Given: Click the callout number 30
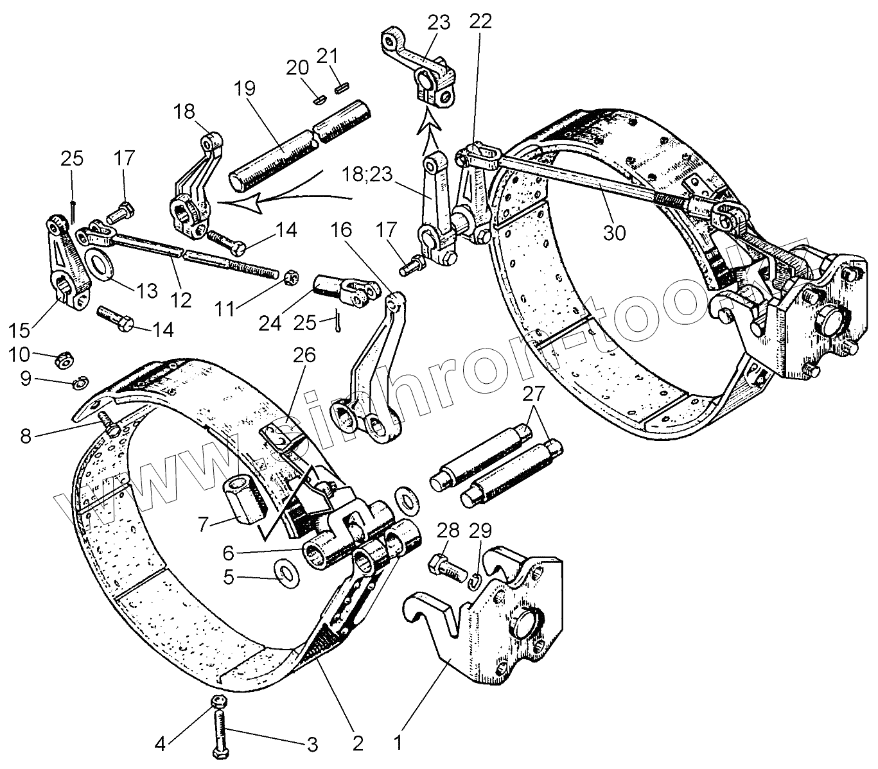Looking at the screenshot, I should [614, 232].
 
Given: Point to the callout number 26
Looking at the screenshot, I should [304, 355].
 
